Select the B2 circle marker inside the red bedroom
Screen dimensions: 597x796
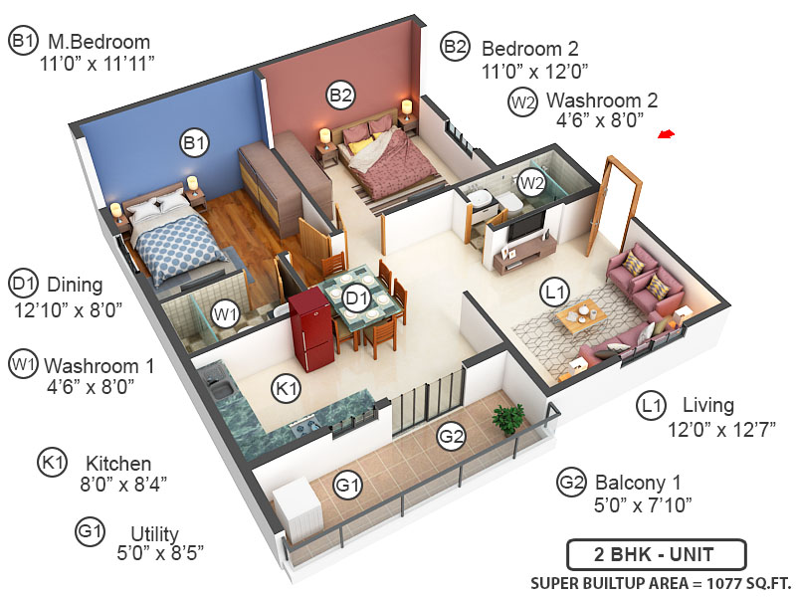pos(340,96)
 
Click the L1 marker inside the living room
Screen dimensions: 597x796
pos(554,292)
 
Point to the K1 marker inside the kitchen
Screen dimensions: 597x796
pos(288,389)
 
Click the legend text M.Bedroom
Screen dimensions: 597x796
pos(99,43)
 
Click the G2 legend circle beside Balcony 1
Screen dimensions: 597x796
pos(571,484)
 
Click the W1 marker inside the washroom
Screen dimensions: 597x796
pos(227,316)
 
